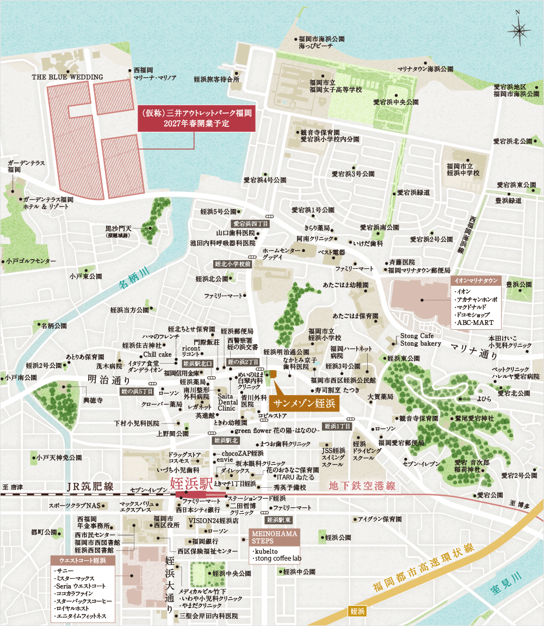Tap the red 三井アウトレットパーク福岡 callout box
tap(196, 119)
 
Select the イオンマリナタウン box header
tap(475, 281)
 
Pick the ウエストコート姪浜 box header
tap(83, 561)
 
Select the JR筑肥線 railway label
tap(90, 486)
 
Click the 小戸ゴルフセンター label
tap(32, 261)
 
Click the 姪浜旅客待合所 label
tap(216, 79)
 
